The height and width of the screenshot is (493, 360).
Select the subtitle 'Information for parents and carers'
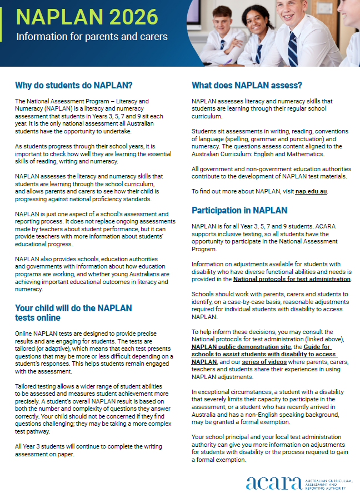(x=92, y=37)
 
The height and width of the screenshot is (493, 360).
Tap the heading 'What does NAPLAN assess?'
(x=247, y=86)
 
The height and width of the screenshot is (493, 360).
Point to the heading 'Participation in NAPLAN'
(x=239, y=210)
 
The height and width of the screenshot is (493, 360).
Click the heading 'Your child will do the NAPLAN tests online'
(x=73, y=312)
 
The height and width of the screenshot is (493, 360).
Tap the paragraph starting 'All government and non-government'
(x=271, y=172)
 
